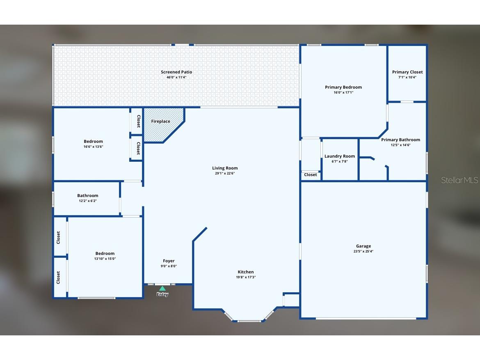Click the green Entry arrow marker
[162, 289]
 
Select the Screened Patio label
[176, 72]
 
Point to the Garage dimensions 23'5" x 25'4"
[363, 252]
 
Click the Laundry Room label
[340, 156]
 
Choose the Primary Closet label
[407, 72]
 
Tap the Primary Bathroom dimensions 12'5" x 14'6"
[400, 145]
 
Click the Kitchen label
[246, 272]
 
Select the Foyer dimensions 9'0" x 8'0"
[169, 266]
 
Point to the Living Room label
[225, 168]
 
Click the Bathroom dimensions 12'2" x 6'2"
[88, 201]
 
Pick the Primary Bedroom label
[343, 87]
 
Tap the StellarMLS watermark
[459, 180]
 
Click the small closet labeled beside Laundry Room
[311, 175]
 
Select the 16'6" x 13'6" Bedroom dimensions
[94, 147]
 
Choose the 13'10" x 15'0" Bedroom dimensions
[105, 259]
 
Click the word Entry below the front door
[162, 295]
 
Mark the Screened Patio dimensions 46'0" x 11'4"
[176, 77]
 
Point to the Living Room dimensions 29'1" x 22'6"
[225, 173]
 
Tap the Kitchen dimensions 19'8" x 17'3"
[246, 277]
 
